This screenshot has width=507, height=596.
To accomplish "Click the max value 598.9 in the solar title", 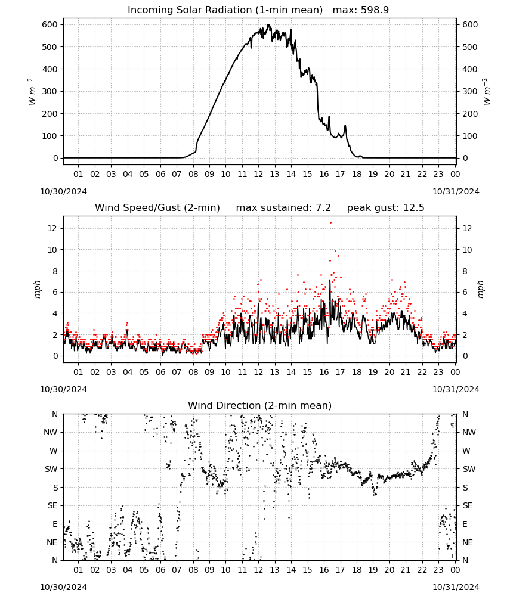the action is (x=375, y=10).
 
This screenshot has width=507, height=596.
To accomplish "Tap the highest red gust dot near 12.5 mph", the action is (x=330, y=223).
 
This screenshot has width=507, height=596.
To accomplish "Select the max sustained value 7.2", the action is (x=323, y=208).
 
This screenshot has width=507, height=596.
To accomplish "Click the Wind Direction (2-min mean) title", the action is (x=260, y=405).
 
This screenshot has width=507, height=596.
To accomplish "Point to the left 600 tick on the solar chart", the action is (x=50, y=24).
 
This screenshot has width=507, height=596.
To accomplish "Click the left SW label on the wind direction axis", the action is (x=51, y=469).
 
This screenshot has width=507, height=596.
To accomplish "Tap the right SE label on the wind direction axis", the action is (x=468, y=505).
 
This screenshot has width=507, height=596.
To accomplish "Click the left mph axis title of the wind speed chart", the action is (x=37, y=289).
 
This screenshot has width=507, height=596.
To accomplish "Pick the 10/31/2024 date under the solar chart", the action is (x=456, y=191).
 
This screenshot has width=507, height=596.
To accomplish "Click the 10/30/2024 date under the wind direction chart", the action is (x=63, y=587).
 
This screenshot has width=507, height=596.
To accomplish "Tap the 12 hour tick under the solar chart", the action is (x=258, y=174).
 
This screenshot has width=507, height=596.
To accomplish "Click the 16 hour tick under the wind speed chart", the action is (x=324, y=372).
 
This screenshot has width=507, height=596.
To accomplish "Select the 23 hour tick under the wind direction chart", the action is (x=438, y=570).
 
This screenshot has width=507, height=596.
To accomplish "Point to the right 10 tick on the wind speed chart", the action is (x=467, y=250).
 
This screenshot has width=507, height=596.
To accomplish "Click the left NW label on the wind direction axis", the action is (x=50, y=432).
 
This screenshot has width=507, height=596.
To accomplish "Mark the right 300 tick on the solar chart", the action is (x=470, y=91).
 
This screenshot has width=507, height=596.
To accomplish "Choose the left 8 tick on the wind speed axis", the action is (x=55, y=271).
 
